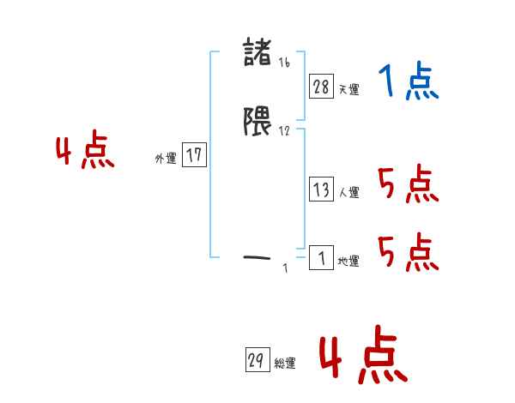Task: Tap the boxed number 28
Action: point(321,86)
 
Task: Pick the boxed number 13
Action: point(321,190)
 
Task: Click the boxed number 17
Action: point(194,155)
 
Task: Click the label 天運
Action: point(348,89)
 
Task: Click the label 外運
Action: point(166,159)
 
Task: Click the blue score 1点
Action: point(409,83)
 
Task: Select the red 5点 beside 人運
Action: point(409,183)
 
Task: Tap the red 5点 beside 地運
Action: point(409,252)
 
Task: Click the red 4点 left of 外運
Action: point(85,153)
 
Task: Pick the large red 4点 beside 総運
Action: point(362,357)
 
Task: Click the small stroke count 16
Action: point(284,62)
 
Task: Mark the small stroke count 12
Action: point(285,130)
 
